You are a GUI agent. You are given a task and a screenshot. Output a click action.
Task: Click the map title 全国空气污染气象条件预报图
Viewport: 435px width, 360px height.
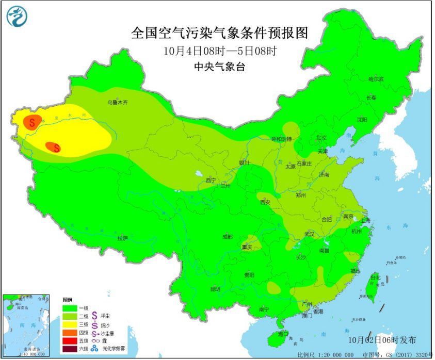(x=220, y=33)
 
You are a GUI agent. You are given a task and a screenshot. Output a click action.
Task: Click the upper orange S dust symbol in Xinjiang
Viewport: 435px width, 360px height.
(x=32, y=122)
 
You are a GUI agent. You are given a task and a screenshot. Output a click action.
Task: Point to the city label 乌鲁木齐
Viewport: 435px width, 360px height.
(x=118, y=103)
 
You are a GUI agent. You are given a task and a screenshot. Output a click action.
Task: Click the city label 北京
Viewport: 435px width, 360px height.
(x=321, y=137)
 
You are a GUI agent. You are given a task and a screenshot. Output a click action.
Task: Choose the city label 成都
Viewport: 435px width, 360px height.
(x=227, y=236)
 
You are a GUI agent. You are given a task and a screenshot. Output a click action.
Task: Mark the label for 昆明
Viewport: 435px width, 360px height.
(x=215, y=289)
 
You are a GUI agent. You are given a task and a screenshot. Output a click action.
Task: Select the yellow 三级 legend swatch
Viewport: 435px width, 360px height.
(x=70, y=324)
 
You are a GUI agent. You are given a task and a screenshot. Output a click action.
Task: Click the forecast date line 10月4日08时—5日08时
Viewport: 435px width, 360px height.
(x=220, y=52)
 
